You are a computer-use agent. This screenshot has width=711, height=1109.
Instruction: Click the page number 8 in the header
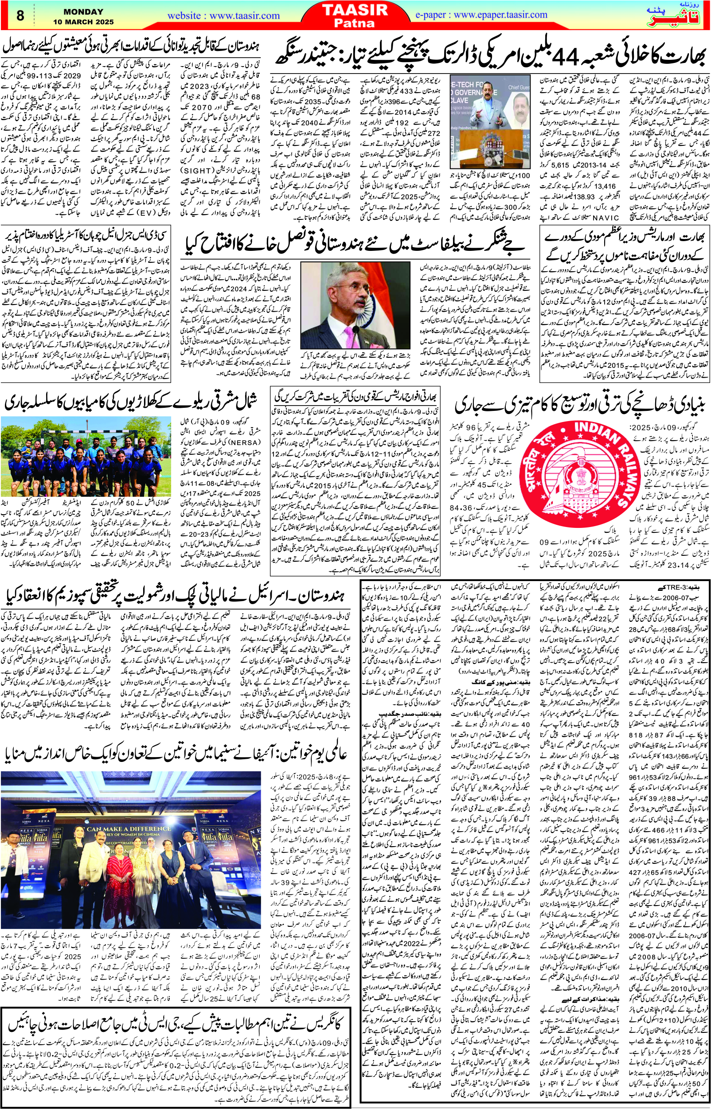(x=20, y=15)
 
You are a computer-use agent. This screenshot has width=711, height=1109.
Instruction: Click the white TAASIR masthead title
(x=355, y=10)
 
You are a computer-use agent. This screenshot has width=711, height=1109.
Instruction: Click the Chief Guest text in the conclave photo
(x=519, y=87)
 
